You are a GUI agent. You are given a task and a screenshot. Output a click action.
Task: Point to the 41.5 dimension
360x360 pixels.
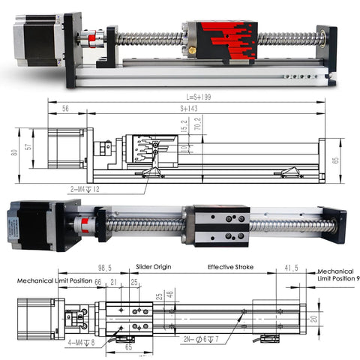(x=292, y=268)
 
